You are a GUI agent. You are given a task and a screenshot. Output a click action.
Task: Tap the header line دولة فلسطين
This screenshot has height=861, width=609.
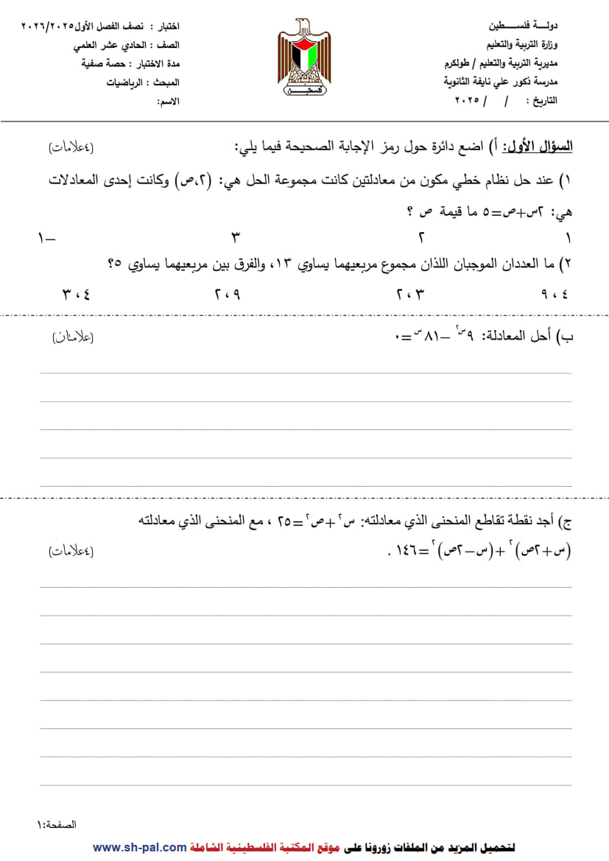tap(524, 25)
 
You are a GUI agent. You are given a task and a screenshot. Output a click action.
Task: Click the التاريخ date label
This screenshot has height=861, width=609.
tap(543, 99)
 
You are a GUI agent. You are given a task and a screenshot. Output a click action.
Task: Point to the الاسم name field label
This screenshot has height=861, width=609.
tap(168, 100)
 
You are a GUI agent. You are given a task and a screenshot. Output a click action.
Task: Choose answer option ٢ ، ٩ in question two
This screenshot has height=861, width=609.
tap(228, 294)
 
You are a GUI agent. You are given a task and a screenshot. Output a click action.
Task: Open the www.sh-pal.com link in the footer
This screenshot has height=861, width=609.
tap(139, 848)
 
